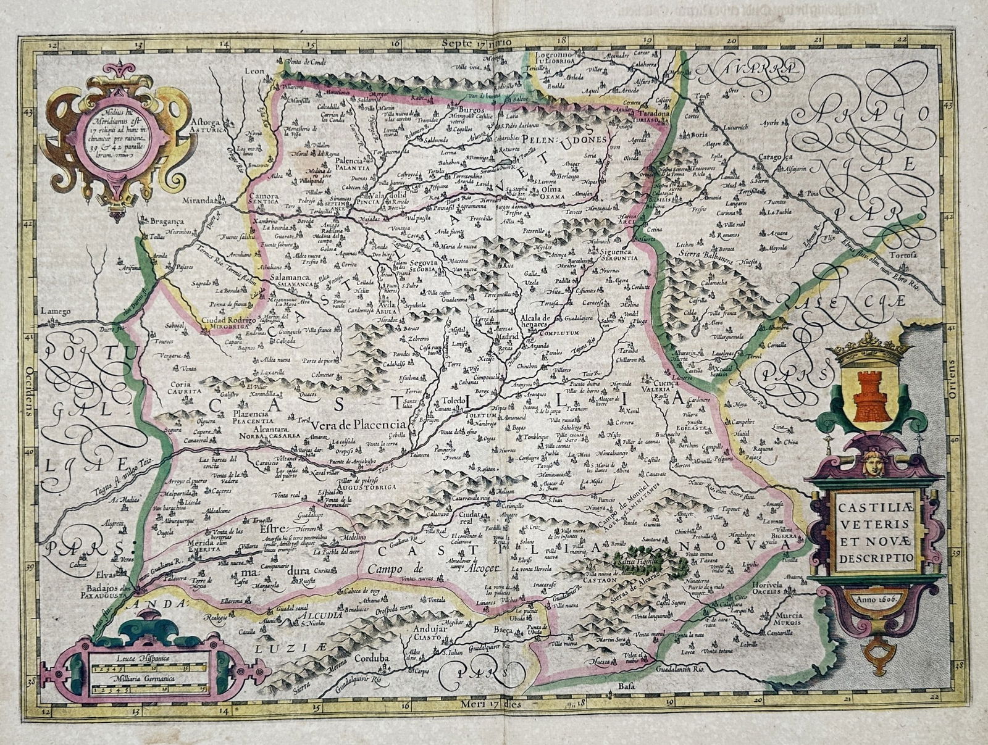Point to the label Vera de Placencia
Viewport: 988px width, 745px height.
tap(358, 425)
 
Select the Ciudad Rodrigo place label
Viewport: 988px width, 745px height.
tap(228, 320)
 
